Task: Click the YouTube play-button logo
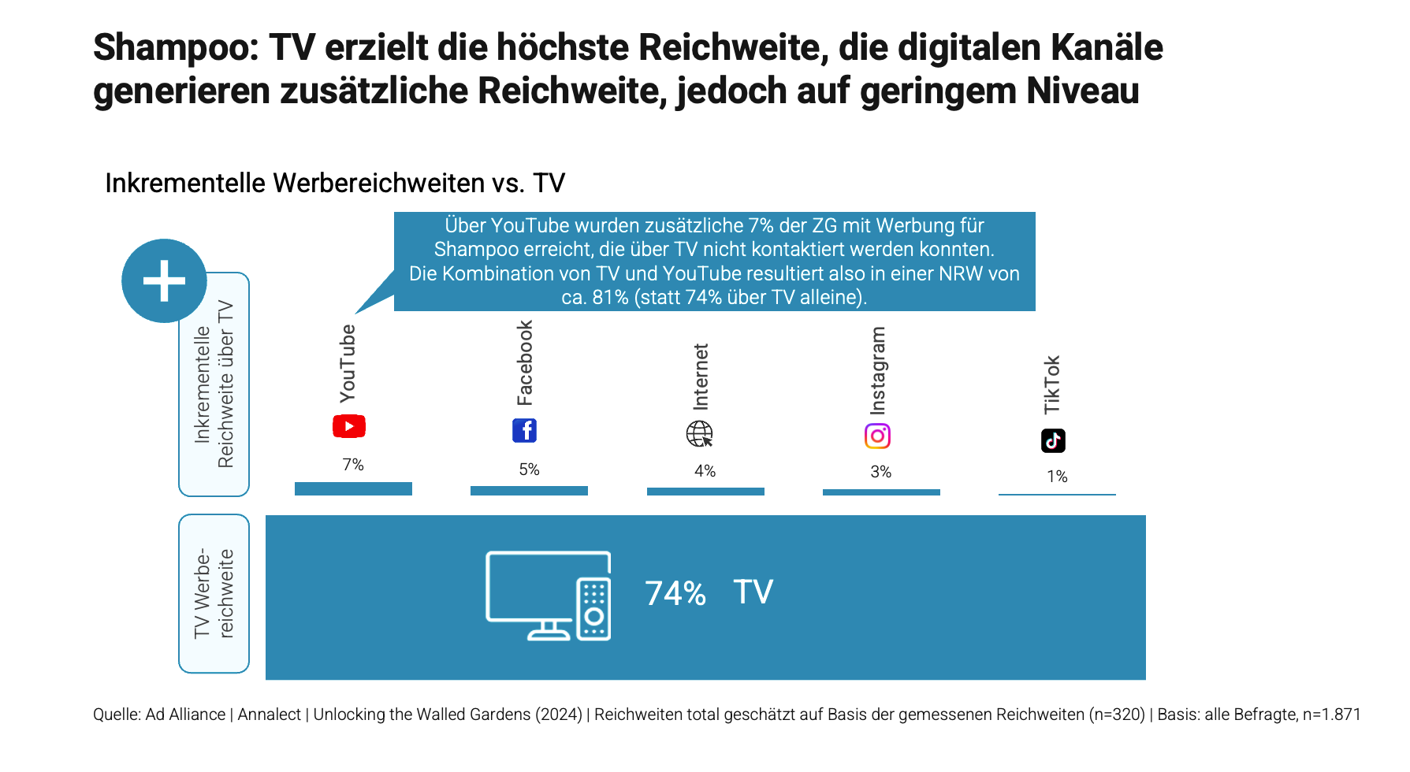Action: [x=349, y=426]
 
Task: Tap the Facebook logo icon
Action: [x=524, y=430]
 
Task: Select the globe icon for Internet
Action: [x=699, y=433]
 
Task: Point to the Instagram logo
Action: [x=877, y=436]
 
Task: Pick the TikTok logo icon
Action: [x=1053, y=440]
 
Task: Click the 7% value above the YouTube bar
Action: [x=353, y=465]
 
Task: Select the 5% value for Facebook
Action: [x=529, y=470]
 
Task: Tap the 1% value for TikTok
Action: [x=1057, y=477]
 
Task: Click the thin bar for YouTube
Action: [x=353, y=488]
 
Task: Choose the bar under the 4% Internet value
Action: [x=705, y=492]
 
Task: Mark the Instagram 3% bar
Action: [x=881, y=492]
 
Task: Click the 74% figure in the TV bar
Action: [x=675, y=593]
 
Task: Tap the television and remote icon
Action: [x=549, y=596]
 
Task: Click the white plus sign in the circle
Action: [x=164, y=281]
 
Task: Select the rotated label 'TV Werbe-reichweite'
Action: [x=214, y=593]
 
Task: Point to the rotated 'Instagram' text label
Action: [x=877, y=370]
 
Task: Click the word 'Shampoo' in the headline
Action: [x=176, y=47]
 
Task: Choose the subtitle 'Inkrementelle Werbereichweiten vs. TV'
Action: [x=335, y=183]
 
